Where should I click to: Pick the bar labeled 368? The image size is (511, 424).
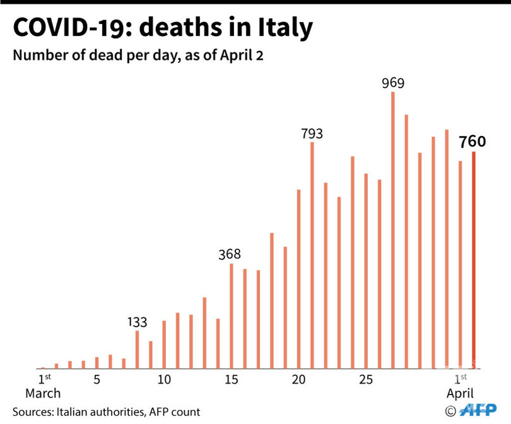[232, 316]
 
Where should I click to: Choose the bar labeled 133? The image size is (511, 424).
[137, 349]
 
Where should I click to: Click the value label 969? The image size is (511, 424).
[393, 83]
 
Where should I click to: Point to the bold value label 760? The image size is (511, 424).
[473, 142]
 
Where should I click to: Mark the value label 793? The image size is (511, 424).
[312, 134]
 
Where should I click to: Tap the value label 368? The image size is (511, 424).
[230, 255]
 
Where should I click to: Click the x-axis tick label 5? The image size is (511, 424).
[97, 380]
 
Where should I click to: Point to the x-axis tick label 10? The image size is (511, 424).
[164, 380]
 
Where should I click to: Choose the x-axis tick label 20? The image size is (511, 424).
[299, 380]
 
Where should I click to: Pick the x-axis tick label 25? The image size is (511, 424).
[367, 380]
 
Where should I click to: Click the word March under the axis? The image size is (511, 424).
[43, 394]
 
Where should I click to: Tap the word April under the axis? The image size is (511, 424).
[460, 394]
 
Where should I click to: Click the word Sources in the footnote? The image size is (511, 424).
[32, 412]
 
